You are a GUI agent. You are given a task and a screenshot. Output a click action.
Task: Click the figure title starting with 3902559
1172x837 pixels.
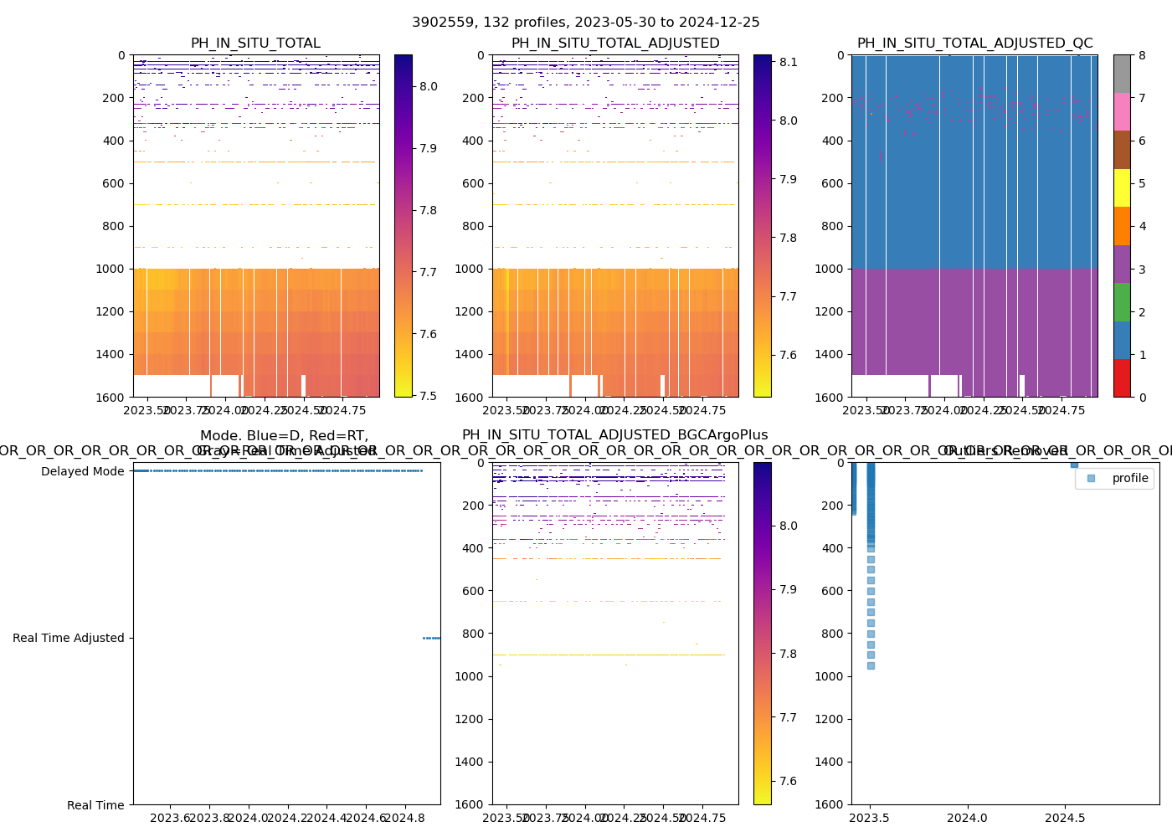[x=585, y=23]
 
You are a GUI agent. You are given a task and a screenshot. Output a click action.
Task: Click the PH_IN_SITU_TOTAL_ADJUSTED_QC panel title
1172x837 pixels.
[x=974, y=44]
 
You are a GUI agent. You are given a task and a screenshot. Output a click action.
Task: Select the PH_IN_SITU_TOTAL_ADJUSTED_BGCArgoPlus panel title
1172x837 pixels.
[x=614, y=435]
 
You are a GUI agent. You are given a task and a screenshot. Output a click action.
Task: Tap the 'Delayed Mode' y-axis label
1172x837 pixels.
[x=82, y=471]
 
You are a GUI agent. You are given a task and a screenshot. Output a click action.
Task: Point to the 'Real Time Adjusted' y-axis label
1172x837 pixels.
[x=68, y=638]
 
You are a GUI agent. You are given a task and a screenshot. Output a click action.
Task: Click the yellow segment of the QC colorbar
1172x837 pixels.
[x=1122, y=187]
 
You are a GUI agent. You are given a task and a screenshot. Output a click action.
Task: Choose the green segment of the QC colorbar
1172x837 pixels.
[x=1122, y=302]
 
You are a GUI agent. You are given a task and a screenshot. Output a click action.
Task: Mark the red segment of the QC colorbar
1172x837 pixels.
[x=1122, y=377]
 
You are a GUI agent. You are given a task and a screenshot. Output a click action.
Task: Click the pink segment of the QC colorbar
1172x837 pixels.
[x=1122, y=111]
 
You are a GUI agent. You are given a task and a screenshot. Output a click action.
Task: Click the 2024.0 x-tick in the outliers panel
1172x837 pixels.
[x=969, y=817]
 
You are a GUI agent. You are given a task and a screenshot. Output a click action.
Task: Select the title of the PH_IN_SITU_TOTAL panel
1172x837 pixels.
[x=255, y=44]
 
